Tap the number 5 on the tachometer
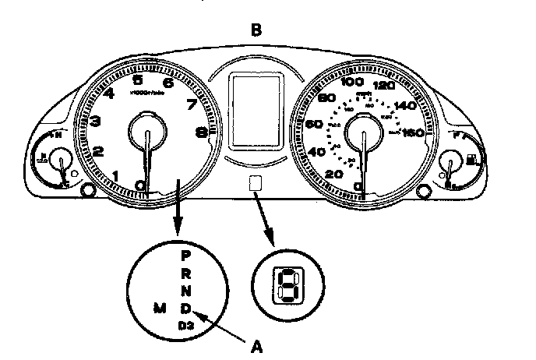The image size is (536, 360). pyautogui.click(x=137, y=79)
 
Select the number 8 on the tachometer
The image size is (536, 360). pyautogui.click(x=202, y=132)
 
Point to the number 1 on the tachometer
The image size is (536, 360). pyautogui.click(x=116, y=175)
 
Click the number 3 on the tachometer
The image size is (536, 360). pyautogui.click(x=94, y=121)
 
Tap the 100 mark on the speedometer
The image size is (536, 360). pyautogui.click(x=354, y=82)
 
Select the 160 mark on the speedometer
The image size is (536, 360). pyautogui.click(x=413, y=132)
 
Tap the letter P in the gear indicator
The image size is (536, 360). pyautogui.click(x=185, y=255)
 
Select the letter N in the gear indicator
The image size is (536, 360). pyautogui.click(x=185, y=291)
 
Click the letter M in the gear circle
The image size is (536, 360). pyautogui.click(x=158, y=309)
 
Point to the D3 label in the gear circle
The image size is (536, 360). pyautogui.click(x=185, y=324)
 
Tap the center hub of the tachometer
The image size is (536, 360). pyautogui.click(x=146, y=129)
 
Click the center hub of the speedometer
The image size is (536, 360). pyautogui.click(x=363, y=129)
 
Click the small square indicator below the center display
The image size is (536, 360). pyautogui.click(x=254, y=183)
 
